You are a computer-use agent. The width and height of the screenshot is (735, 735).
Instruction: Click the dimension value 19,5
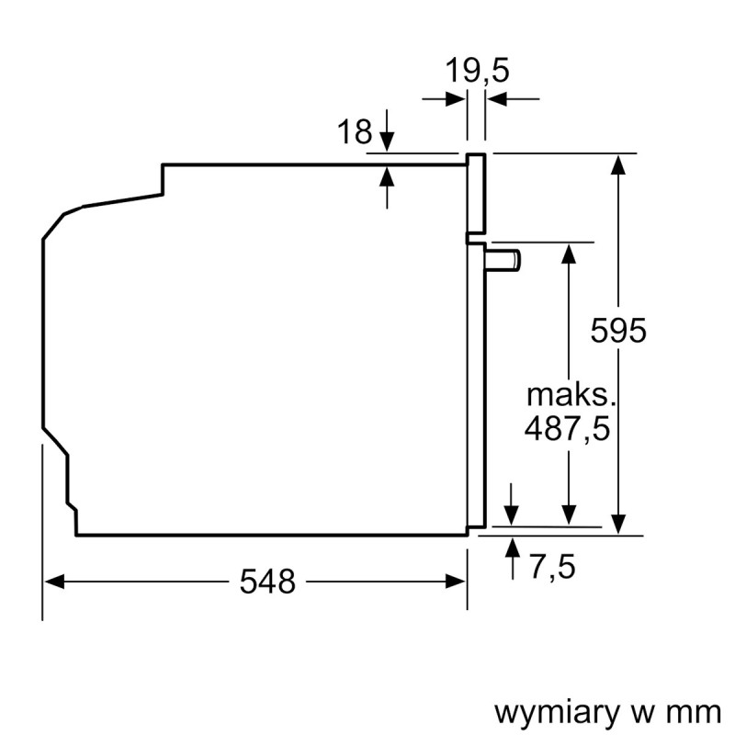477,70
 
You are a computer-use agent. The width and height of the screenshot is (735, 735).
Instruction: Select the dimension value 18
354,133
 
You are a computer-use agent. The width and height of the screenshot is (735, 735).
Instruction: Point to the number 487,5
568,428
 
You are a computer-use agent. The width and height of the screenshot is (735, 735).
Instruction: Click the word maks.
568,396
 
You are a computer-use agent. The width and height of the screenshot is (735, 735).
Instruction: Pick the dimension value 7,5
552,567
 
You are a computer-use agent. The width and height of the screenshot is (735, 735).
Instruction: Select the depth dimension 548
267,581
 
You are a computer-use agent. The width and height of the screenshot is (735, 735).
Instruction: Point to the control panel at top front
476,193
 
